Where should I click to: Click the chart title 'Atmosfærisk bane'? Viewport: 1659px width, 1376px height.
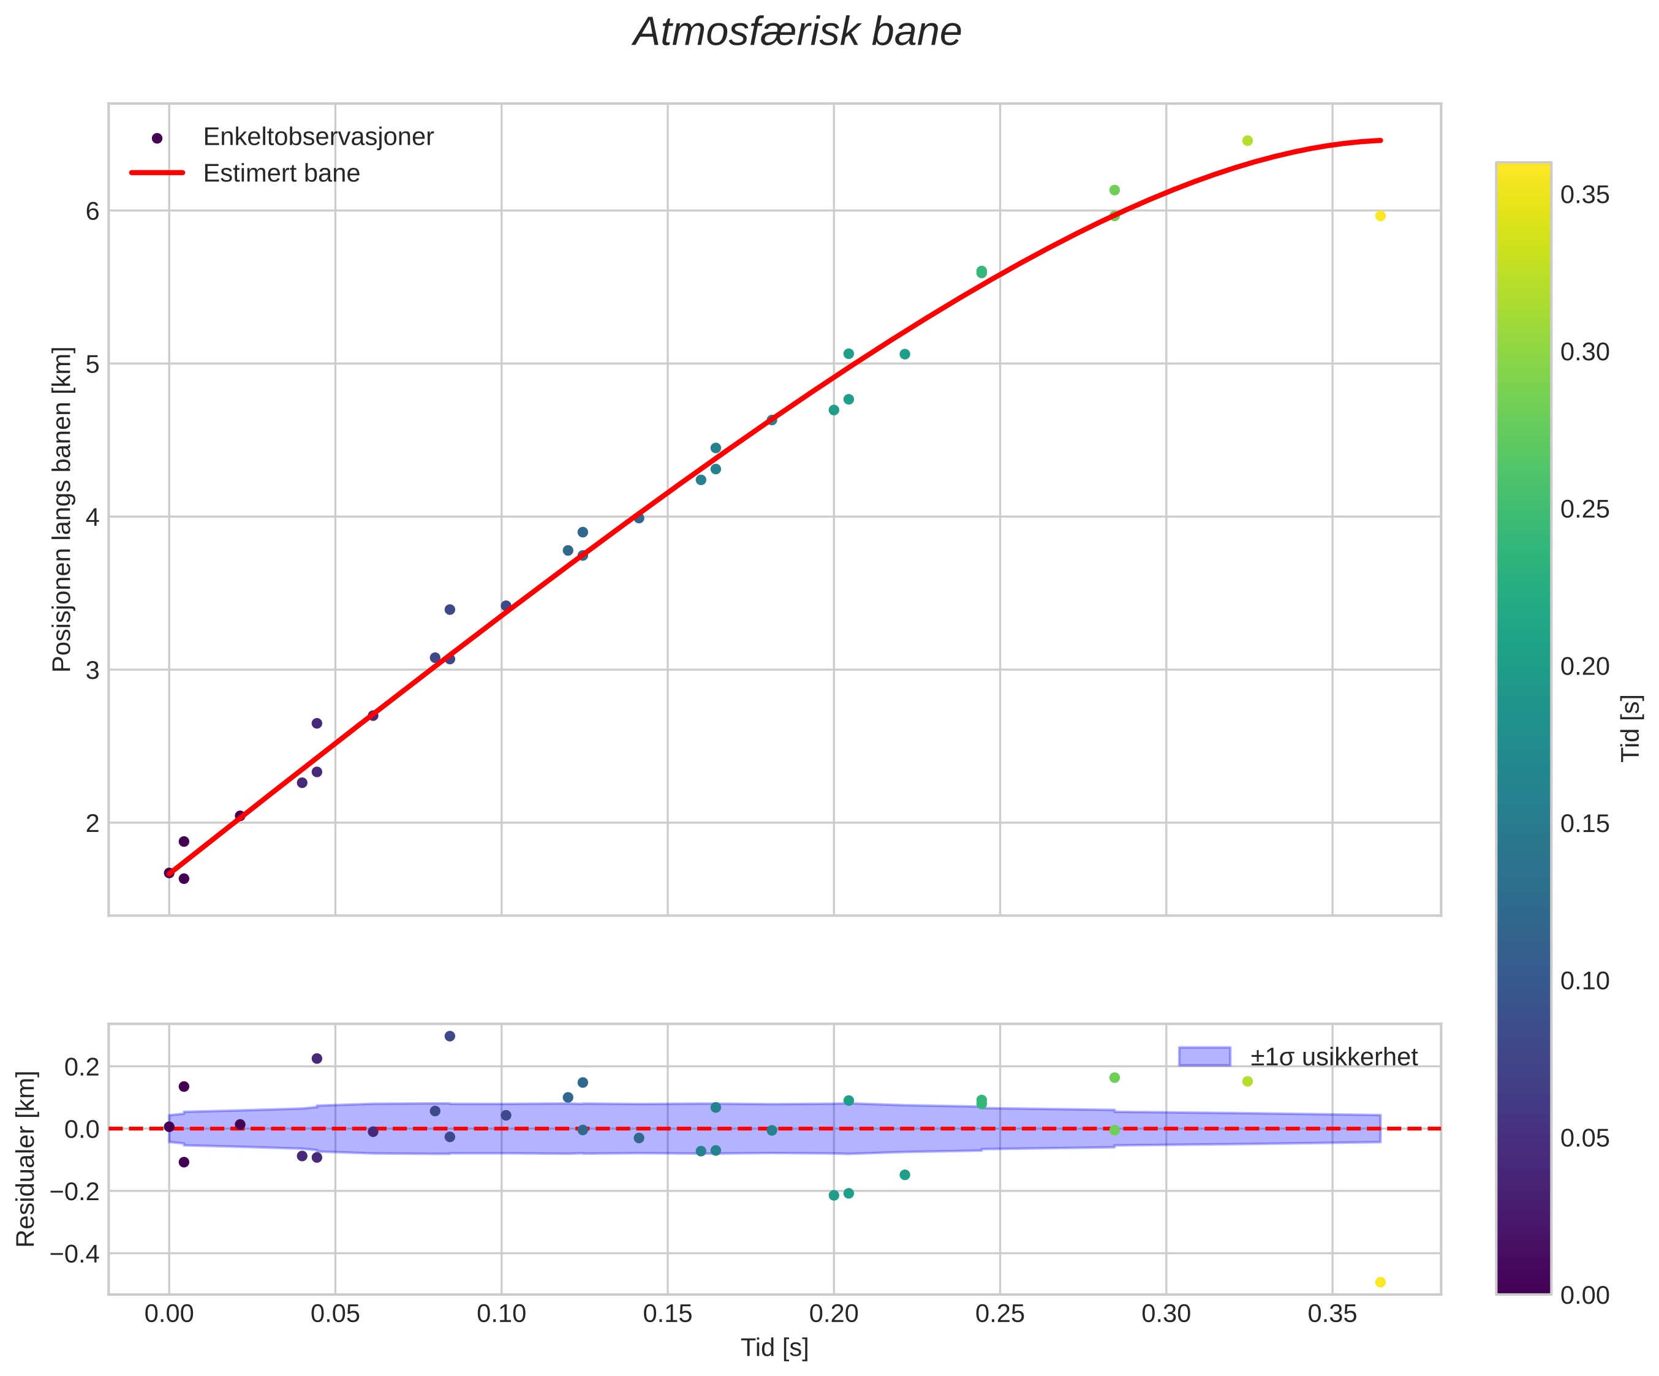(797, 33)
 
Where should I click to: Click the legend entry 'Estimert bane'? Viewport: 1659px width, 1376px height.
(281, 173)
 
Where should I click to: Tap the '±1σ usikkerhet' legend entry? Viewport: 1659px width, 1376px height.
(1334, 1057)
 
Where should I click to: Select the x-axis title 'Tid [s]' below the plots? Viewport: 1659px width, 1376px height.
(774, 1348)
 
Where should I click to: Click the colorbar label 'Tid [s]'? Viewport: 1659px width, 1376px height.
(1631, 727)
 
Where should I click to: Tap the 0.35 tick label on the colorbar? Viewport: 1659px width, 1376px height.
(1585, 195)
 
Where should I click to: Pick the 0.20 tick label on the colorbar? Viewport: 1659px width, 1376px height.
(1585, 667)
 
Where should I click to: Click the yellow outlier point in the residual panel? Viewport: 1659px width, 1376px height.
(1380, 1282)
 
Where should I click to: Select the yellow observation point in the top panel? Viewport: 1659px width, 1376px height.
(1380, 216)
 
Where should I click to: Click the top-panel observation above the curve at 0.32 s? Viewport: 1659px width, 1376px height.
(1247, 140)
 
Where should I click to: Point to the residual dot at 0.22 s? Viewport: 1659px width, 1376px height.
(905, 1174)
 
